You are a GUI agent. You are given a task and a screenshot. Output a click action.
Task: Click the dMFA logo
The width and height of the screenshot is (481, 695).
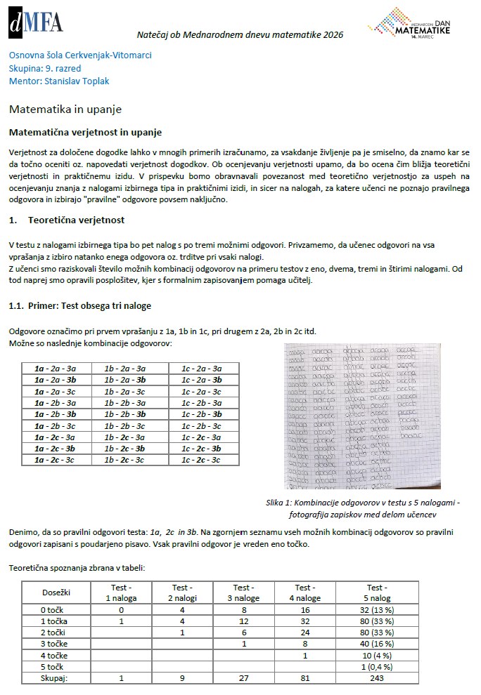click(x=36, y=22)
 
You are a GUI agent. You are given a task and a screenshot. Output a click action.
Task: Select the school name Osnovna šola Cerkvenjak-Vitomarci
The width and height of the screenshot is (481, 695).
click(x=80, y=55)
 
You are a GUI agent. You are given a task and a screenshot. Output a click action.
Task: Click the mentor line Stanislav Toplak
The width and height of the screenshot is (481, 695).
click(x=59, y=81)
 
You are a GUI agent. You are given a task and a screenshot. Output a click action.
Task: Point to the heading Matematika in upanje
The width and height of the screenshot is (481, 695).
click(x=65, y=110)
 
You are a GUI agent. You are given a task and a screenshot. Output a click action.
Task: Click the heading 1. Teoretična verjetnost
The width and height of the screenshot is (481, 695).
click(x=67, y=220)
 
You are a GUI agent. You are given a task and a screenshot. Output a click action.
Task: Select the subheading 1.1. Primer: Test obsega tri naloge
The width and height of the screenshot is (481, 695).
click(x=79, y=305)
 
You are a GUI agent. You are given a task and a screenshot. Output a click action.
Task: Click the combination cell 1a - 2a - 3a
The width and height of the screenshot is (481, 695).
click(x=55, y=369)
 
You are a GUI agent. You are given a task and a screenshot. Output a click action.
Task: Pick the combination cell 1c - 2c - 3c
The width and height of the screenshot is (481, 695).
click(x=202, y=460)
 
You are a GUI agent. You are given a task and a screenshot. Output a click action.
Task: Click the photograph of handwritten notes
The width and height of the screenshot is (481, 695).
click(x=362, y=416)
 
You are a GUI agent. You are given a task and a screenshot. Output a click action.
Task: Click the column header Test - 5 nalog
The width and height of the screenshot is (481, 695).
click(x=375, y=593)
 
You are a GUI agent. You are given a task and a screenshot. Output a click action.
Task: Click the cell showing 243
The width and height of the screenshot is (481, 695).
click(x=375, y=678)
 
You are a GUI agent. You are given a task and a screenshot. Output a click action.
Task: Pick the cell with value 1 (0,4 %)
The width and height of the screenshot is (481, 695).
click(x=375, y=667)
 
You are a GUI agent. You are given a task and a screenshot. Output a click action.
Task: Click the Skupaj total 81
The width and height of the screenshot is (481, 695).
click(x=304, y=678)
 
